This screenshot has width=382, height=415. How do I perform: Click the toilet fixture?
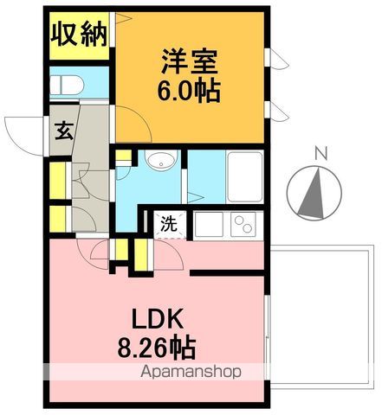pyautogui.click(x=66, y=84)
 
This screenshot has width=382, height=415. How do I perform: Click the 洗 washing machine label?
pyautogui.click(x=170, y=222)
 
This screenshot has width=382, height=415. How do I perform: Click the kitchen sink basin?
pyautogui.click(x=209, y=225)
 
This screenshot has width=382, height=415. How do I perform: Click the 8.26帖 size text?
pyautogui.click(x=157, y=348)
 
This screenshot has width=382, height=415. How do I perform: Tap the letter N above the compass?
pyautogui.click(x=320, y=154)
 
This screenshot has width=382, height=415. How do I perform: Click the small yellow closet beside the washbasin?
pyautogui.click(x=124, y=158)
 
